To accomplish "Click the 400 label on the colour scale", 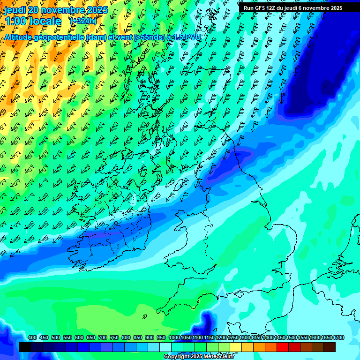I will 32,338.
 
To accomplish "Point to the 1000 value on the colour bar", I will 174,338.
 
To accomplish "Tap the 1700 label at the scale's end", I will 326,338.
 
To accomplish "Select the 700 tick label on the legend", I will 103,338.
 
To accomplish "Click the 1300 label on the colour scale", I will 245,338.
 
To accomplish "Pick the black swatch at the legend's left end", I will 25,347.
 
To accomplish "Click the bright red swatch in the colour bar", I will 283,347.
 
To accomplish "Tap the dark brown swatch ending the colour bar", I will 330,347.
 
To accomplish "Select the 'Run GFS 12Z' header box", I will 293,8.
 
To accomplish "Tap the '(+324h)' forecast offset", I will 83,21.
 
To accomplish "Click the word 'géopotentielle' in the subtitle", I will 60,37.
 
